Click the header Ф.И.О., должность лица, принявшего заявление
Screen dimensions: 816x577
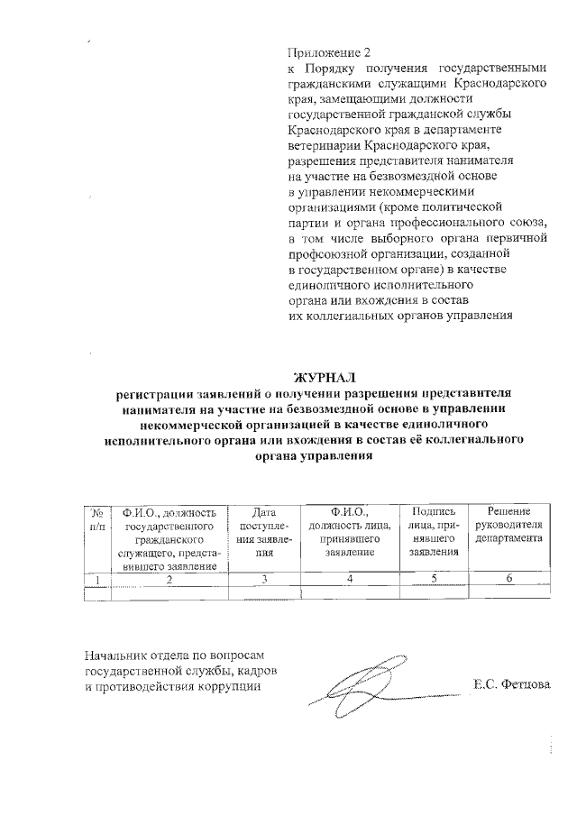(349, 531)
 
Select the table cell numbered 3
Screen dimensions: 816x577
(264, 579)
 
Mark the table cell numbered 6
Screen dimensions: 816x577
(508, 579)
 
